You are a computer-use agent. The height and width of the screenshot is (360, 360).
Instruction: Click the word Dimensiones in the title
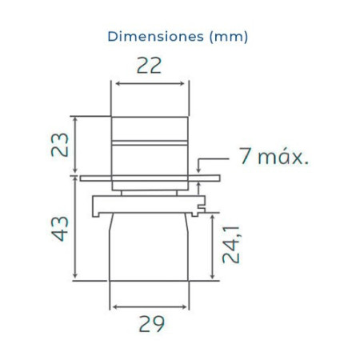(156, 37)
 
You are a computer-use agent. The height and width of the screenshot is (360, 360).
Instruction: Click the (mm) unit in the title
(229, 37)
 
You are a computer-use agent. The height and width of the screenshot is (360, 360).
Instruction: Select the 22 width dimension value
(150, 66)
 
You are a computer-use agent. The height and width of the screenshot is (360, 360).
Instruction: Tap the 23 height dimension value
(60, 144)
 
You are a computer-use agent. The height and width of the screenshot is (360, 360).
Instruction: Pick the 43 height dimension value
(60, 229)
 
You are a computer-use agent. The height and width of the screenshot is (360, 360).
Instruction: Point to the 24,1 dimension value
(231, 245)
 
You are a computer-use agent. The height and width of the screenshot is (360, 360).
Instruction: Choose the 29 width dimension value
(152, 324)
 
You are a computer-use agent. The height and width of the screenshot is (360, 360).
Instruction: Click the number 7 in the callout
(245, 156)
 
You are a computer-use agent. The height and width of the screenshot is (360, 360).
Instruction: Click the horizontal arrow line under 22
(150, 84)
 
